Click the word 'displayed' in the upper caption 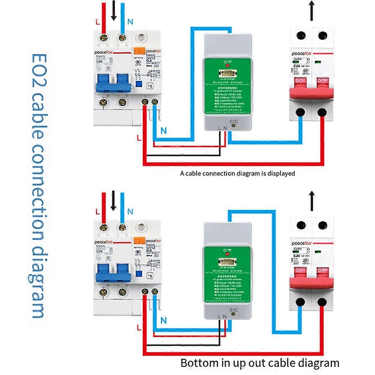click(x=281, y=173)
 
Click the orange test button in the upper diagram click(x=138, y=50)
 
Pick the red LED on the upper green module click(x=227, y=66)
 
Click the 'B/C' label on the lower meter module click(x=233, y=310)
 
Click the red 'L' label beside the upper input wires click(x=97, y=22)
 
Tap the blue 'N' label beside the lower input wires click(x=130, y=212)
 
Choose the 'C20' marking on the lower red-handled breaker click(x=297, y=256)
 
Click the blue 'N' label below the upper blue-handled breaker click(x=163, y=131)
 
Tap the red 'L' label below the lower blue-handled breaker click(x=139, y=327)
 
